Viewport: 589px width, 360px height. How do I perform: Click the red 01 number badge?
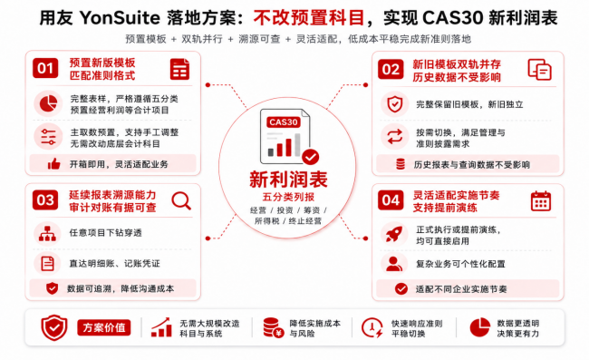tap(45, 68)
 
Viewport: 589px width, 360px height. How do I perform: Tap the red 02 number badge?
tap(391, 70)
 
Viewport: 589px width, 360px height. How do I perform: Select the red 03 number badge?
tap(45, 199)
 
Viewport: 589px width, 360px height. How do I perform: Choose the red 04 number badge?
tap(391, 200)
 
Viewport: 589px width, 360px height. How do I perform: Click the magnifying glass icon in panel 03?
tap(181, 200)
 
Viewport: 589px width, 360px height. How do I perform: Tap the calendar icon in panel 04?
tap(541, 200)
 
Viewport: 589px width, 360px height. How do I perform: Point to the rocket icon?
tap(394, 234)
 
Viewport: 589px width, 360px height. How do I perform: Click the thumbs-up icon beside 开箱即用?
tap(54, 164)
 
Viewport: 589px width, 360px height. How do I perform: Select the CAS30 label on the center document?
tap(284, 122)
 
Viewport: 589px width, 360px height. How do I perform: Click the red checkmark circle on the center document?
tap(311, 157)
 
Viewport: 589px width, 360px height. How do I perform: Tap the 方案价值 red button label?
tap(104, 327)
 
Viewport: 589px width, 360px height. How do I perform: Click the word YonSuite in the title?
tap(120, 17)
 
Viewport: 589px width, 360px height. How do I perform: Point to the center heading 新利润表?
tap(288, 180)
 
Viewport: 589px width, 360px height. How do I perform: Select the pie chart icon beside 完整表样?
tap(48, 103)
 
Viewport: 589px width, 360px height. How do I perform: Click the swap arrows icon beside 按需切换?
tap(395, 137)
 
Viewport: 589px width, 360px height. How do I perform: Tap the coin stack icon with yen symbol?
tap(273, 327)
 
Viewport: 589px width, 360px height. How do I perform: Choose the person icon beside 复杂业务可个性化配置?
tap(394, 264)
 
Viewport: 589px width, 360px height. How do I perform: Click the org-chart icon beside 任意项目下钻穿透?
tap(47, 233)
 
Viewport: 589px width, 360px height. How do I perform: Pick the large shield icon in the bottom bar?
tap(54, 327)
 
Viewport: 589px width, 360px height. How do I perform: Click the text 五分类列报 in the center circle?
tap(288, 197)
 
